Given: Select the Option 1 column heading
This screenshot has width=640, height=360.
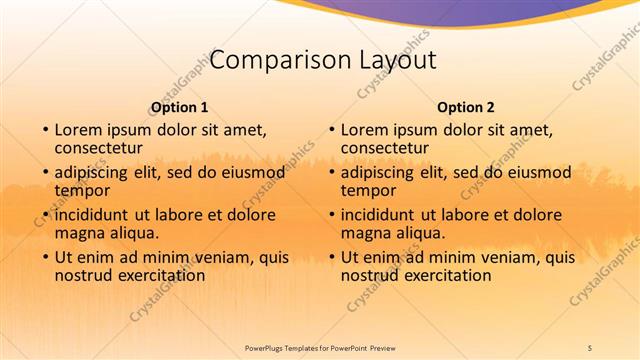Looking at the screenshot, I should click(180, 107).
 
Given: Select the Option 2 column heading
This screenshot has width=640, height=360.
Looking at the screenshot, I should click(466, 107).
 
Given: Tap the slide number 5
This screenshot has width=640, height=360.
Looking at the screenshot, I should click(589, 346).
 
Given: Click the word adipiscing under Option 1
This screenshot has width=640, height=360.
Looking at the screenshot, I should click(97, 172).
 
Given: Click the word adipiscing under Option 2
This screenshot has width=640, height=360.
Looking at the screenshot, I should click(383, 172).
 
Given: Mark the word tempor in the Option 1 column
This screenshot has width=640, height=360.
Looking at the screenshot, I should click(82, 190).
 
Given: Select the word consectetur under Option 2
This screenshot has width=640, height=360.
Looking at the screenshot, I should click(386, 148).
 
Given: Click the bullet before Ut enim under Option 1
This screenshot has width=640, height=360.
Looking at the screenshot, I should click(44, 258).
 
